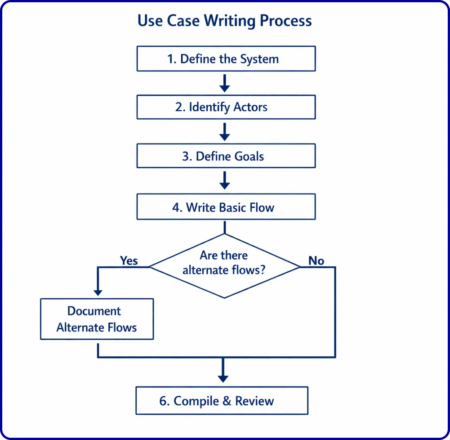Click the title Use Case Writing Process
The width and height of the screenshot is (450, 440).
[224, 21]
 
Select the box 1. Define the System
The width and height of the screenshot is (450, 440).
[226, 59]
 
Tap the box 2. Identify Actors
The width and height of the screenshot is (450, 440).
[226, 107]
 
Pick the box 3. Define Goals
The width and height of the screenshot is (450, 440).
[226, 156]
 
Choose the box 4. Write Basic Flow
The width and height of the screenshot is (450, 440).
[226, 207]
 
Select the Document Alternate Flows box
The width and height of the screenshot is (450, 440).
[97, 319]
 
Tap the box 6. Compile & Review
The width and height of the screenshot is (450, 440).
[222, 400]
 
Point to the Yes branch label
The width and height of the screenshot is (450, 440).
[129, 260]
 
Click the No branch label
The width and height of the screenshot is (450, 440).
[316, 260]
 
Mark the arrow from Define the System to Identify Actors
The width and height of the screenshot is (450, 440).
[224, 83]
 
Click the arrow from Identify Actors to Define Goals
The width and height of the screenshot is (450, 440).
[224, 132]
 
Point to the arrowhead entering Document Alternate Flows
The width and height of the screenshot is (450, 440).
[98, 292]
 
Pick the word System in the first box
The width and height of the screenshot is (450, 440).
[259, 59]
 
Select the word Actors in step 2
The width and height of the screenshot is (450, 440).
[250, 108]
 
